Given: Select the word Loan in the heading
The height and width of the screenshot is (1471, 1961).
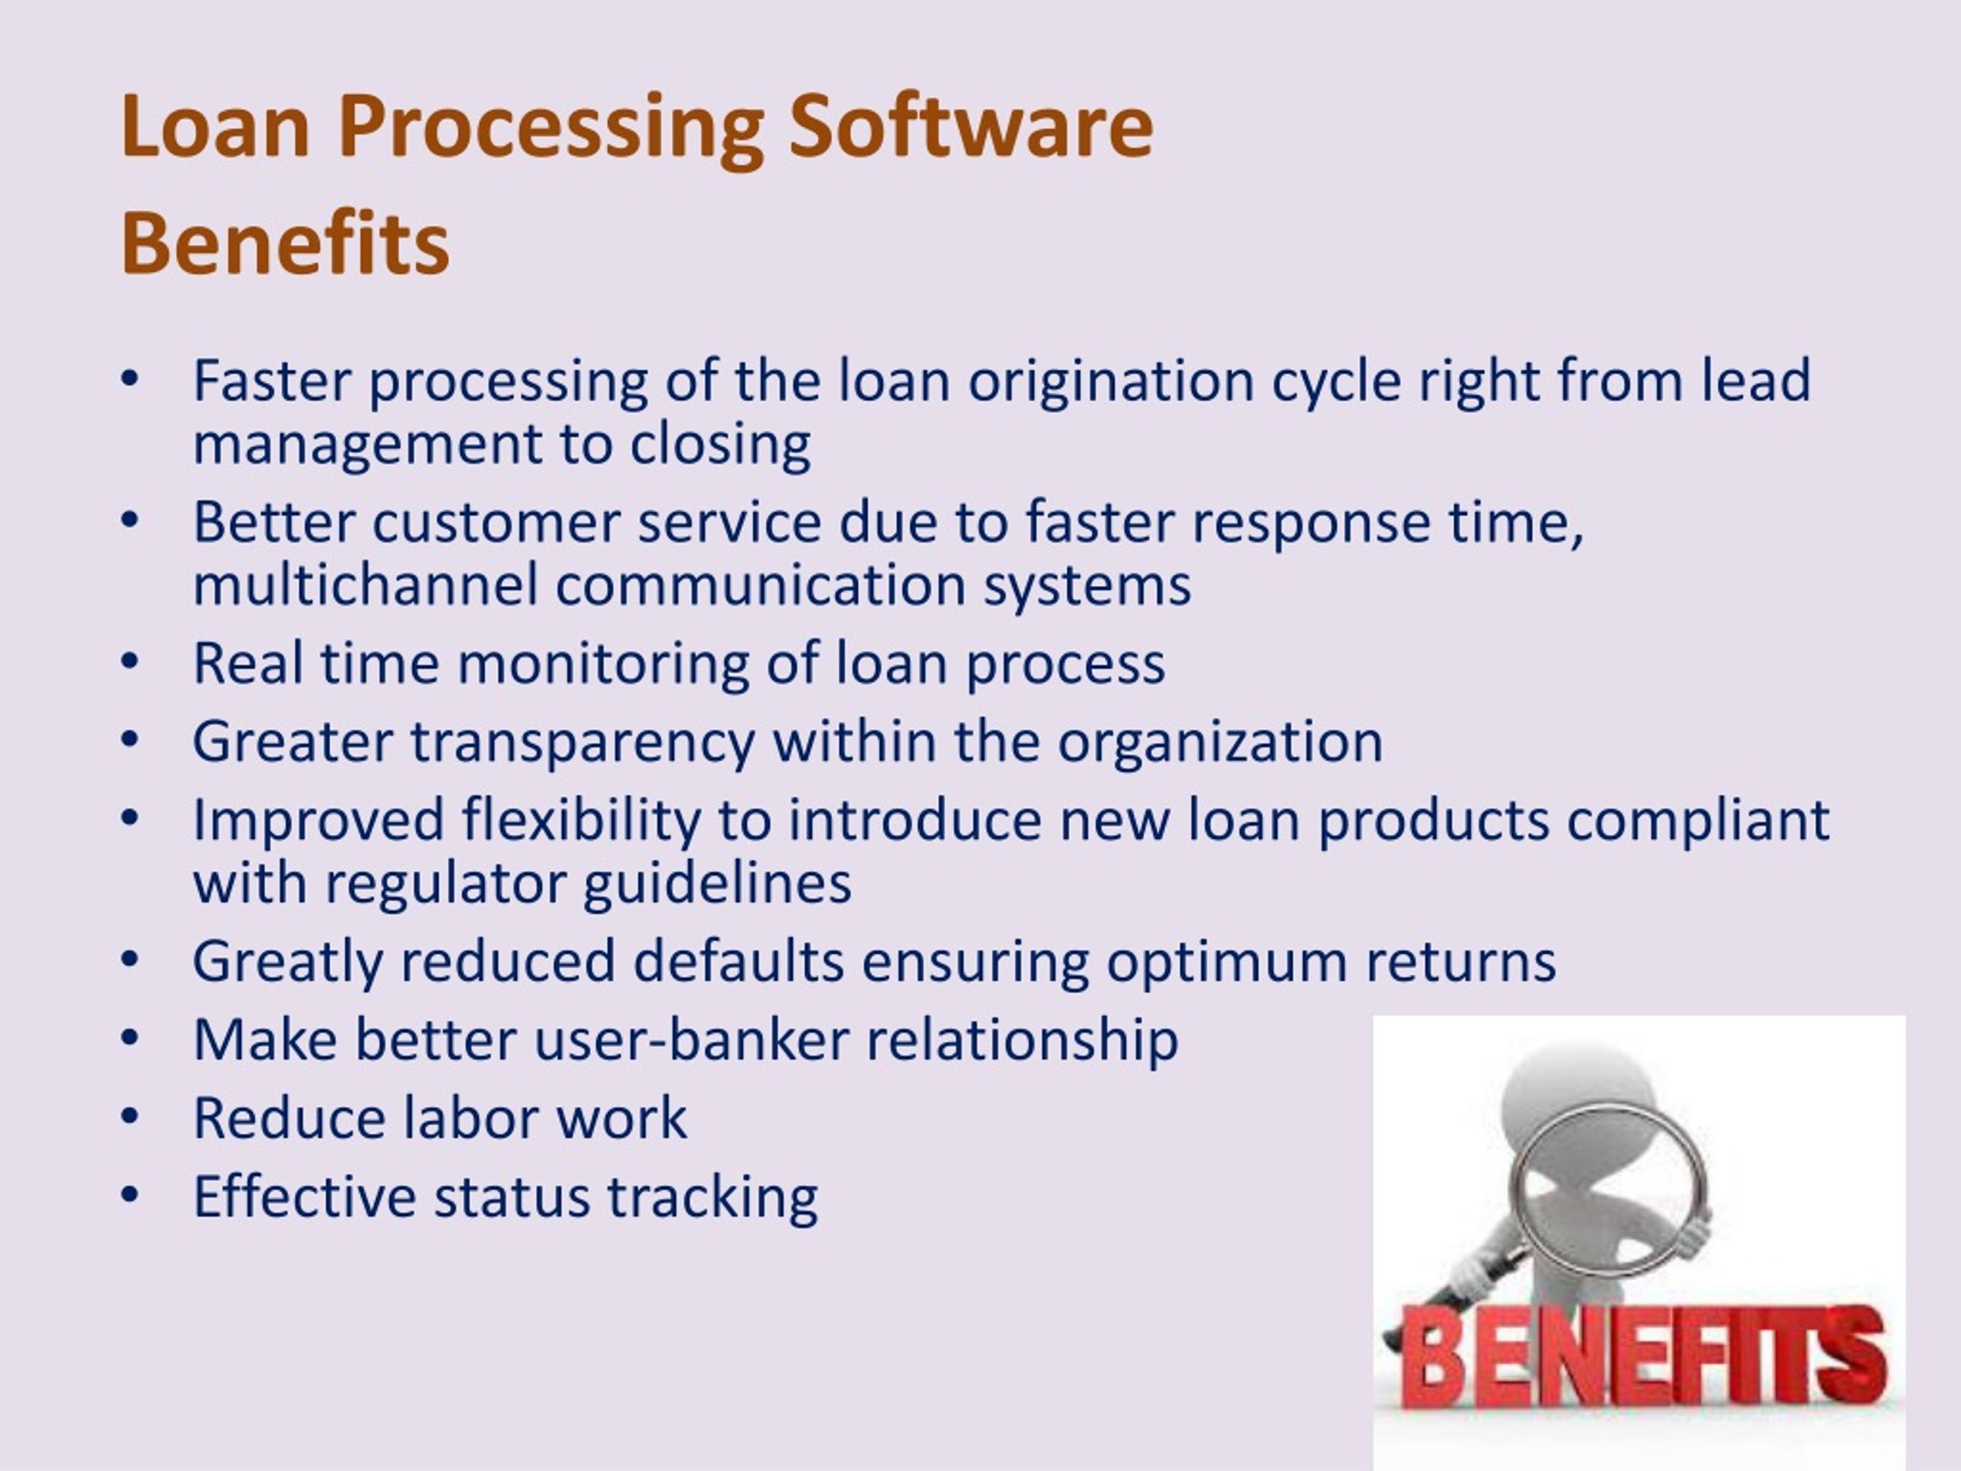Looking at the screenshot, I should pos(214,126).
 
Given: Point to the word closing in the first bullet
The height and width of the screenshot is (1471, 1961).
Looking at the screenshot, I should pos(720,444).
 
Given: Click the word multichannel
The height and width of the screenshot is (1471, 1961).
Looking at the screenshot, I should pos(365,585).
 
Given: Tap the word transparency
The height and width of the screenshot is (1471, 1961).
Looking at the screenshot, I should pos(581,742).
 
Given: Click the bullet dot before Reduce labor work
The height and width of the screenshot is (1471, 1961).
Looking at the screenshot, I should pos(129,1117).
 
